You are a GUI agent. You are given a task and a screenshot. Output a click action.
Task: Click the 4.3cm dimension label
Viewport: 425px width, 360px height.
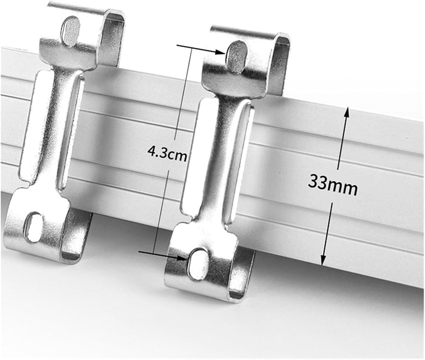(167, 154)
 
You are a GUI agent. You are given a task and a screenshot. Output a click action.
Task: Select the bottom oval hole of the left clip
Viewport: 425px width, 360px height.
(34, 226)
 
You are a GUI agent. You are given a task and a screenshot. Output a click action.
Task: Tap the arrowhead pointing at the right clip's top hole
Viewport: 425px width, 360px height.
(221, 52)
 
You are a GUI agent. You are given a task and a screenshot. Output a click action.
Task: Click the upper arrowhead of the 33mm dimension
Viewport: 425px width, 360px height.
(346, 114)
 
